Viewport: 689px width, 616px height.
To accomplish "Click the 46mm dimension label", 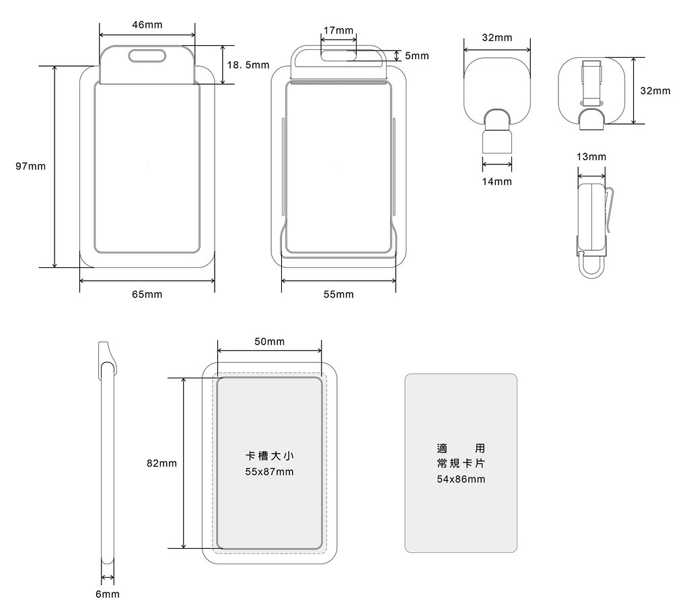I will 147,25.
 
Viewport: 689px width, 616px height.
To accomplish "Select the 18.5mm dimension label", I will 248,65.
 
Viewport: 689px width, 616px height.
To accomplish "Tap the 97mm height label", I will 31,166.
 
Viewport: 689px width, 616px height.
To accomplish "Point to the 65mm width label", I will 147,294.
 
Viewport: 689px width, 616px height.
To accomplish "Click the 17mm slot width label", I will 338,30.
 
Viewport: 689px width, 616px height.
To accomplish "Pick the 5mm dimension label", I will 416,56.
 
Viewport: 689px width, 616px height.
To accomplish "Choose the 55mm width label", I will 338,294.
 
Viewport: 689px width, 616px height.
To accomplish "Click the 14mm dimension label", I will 497,181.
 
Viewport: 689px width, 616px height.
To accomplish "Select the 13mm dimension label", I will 591,157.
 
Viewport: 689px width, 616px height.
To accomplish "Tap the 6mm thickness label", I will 107,594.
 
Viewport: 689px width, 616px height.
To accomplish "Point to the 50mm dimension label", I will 269,341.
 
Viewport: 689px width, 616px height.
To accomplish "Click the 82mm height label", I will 161,463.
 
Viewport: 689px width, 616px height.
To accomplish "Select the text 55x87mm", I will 269,472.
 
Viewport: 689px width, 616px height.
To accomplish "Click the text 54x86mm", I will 460,479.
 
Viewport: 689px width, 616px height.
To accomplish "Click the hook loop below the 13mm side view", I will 592,269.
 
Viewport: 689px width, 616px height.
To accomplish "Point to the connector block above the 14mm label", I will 497,141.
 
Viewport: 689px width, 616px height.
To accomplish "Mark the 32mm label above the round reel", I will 497,38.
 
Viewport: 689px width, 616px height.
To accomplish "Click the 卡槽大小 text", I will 269,456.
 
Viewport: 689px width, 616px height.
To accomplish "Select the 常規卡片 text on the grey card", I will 460,464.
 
